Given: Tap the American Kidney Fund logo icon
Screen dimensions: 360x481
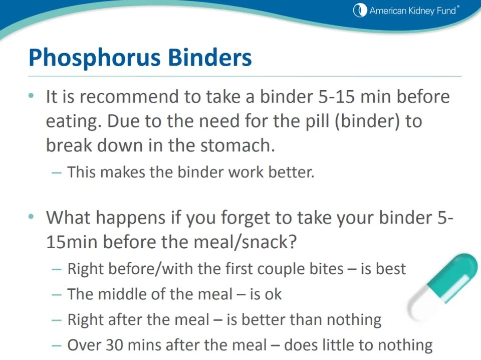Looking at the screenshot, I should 360,10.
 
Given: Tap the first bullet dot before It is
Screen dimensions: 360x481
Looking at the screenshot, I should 32,95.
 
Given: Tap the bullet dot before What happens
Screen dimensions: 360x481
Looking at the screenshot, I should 32,217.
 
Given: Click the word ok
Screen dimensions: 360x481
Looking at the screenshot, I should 273,294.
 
